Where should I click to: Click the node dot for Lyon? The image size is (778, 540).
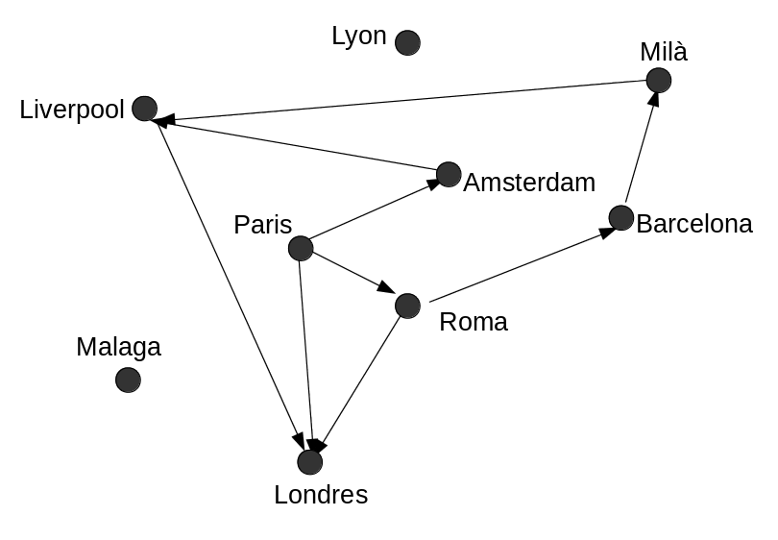click(407, 42)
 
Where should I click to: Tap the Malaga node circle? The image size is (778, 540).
click(128, 380)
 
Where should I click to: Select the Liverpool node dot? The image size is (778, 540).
click(144, 109)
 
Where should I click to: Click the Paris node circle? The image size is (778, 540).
click(301, 248)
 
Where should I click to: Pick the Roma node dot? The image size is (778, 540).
click(407, 306)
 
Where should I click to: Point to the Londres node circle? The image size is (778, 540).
click(309, 462)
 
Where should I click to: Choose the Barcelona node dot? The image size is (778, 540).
click(620, 218)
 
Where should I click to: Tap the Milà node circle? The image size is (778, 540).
click(658, 80)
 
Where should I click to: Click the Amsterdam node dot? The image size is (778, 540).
click(449, 174)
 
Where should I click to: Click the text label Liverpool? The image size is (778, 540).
click(72, 110)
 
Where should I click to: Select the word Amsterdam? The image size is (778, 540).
click(529, 182)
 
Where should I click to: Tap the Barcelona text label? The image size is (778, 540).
click(694, 224)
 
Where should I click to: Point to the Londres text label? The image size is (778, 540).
click(321, 495)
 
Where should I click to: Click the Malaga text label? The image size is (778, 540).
click(118, 347)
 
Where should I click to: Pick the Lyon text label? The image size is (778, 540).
click(358, 37)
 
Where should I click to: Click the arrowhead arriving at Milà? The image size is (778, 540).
click(653, 100)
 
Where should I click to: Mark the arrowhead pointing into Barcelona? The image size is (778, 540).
click(606, 232)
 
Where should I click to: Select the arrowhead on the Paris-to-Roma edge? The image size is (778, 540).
click(386, 288)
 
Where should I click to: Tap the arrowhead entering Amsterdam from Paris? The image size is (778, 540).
click(430, 184)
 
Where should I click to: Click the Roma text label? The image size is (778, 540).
click(473, 322)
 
